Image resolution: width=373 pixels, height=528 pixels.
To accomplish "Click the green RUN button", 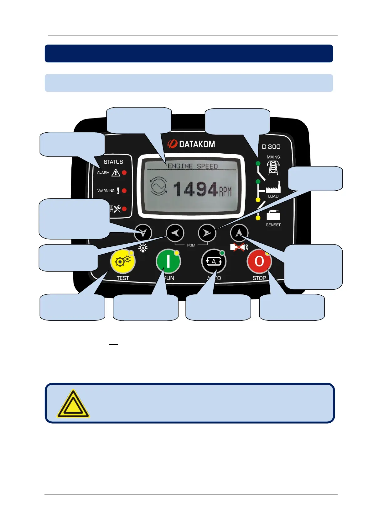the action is tap(168, 261).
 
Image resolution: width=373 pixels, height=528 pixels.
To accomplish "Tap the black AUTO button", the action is tap(214, 261).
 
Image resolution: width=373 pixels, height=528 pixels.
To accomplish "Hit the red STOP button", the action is tap(259, 261).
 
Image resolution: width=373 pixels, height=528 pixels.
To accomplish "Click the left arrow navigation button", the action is tap(175, 233).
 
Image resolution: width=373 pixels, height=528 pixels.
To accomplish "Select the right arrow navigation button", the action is tap(207, 233).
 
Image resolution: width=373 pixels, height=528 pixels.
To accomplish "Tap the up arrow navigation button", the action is tap(239, 233).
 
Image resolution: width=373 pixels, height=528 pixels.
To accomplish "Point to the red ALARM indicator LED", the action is tap(124, 172).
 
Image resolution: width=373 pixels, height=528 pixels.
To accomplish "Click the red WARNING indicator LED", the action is tap(124, 191).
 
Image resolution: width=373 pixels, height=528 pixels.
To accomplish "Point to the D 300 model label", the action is tap(271, 147).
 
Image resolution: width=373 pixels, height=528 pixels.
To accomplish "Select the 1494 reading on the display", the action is tap(195, 190).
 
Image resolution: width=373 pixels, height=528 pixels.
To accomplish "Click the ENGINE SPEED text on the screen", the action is tap(193, 166).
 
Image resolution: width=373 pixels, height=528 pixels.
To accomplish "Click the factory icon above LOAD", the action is tap(273, 187).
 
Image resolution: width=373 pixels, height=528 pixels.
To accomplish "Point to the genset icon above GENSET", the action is tap(273, 215).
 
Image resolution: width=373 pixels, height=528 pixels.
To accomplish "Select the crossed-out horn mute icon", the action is tap(239, 247).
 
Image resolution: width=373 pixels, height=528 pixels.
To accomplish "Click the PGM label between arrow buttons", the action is tap(191, 245).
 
